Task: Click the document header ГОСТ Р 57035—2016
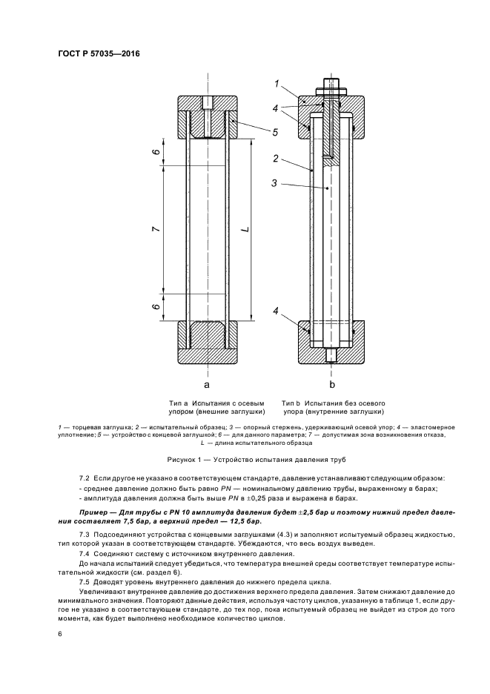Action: pyautogui.click(x=99, y=54)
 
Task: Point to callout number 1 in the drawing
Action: pyautogui.click(x=276, y=84)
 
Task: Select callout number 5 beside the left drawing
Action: pyautogui.click(x=274, y=133)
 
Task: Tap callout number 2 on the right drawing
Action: pyautogui.click(x=276, y=159)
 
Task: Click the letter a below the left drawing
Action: pyautogui.click(x=208, y=385)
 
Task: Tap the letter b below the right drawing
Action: pyautogui.click(x=332, y=385)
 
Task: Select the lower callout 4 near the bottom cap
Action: pyautogui.click(x=276, y=313)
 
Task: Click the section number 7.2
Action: pyautogui.click(x=85, y=480)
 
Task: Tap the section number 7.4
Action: pyautogui.click(x=85, y=554)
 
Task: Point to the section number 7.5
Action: pyautogui.click(x=85, y=581)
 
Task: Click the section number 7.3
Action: pyautogui.click(x=85, y=534)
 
